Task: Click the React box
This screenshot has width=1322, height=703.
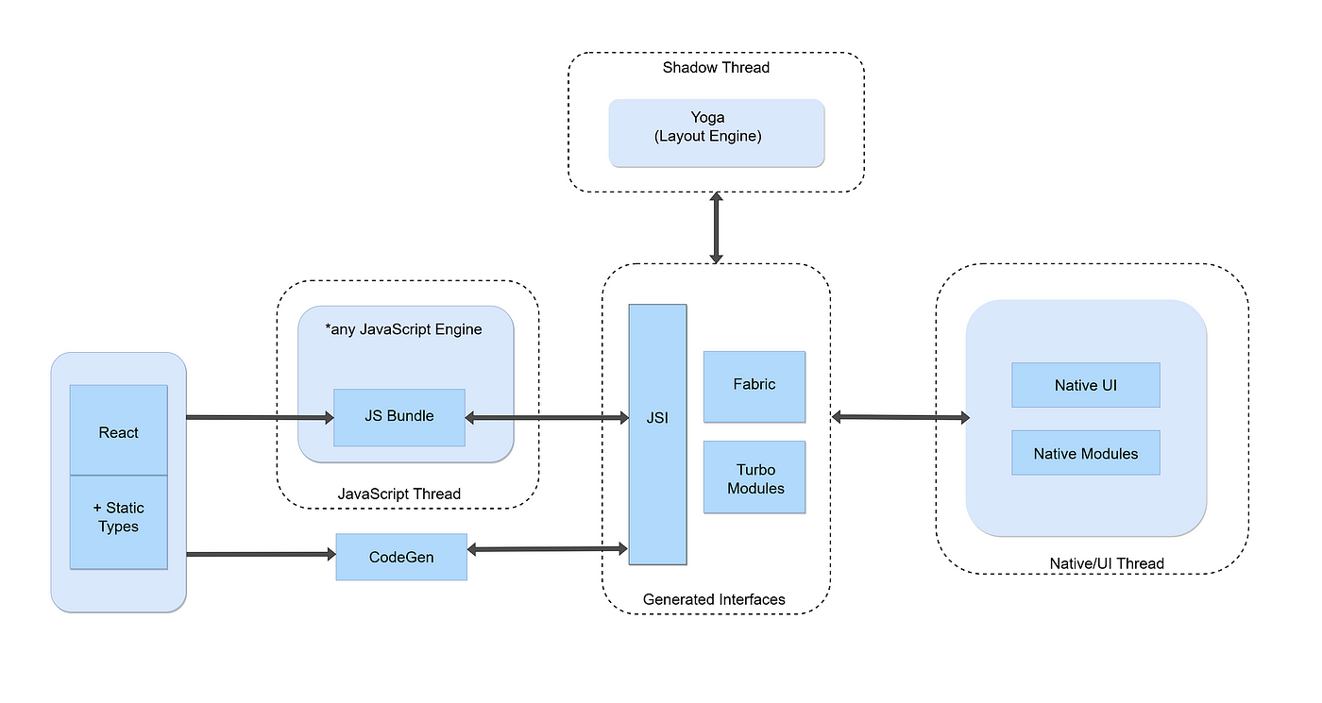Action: click(x=119, y=430)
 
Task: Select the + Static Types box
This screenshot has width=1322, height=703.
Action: click(x=119, y=522)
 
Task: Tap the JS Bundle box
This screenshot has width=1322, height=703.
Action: click(x=398, y=417)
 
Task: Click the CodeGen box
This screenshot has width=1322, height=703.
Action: click(x=401, y=557)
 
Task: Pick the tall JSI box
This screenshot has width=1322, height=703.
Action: click(x=657, y=434)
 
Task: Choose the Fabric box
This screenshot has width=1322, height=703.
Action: click(x=754, y=386)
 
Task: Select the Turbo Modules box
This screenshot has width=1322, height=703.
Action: click(x=754, y=477)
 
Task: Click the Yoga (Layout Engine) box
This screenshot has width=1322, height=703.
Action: click(x=717, y=133)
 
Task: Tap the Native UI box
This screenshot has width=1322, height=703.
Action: click(x=1086, y=385)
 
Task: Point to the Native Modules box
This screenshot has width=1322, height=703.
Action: click(x=1086, y=452)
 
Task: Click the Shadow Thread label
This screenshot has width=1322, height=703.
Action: click(x=716, y=68)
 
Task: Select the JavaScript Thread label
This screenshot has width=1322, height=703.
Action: click(x=398, y=494)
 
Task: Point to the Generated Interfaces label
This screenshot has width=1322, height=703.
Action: click(x=714, y=599)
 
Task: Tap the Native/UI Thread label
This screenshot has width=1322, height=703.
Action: click(x=1107, y=563)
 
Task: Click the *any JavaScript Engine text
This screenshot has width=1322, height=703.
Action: click(x=404, y=329)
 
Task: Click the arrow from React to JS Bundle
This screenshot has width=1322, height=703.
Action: click(x=261, y=417)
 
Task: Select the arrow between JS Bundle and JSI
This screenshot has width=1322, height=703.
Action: click(x=547, y=417)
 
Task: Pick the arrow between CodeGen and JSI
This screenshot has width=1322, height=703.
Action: click(x=547, y=549)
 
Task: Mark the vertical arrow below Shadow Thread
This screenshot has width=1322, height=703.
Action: click(x=717, y=227)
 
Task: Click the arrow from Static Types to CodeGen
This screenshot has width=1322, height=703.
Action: click(x=262, y=554)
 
